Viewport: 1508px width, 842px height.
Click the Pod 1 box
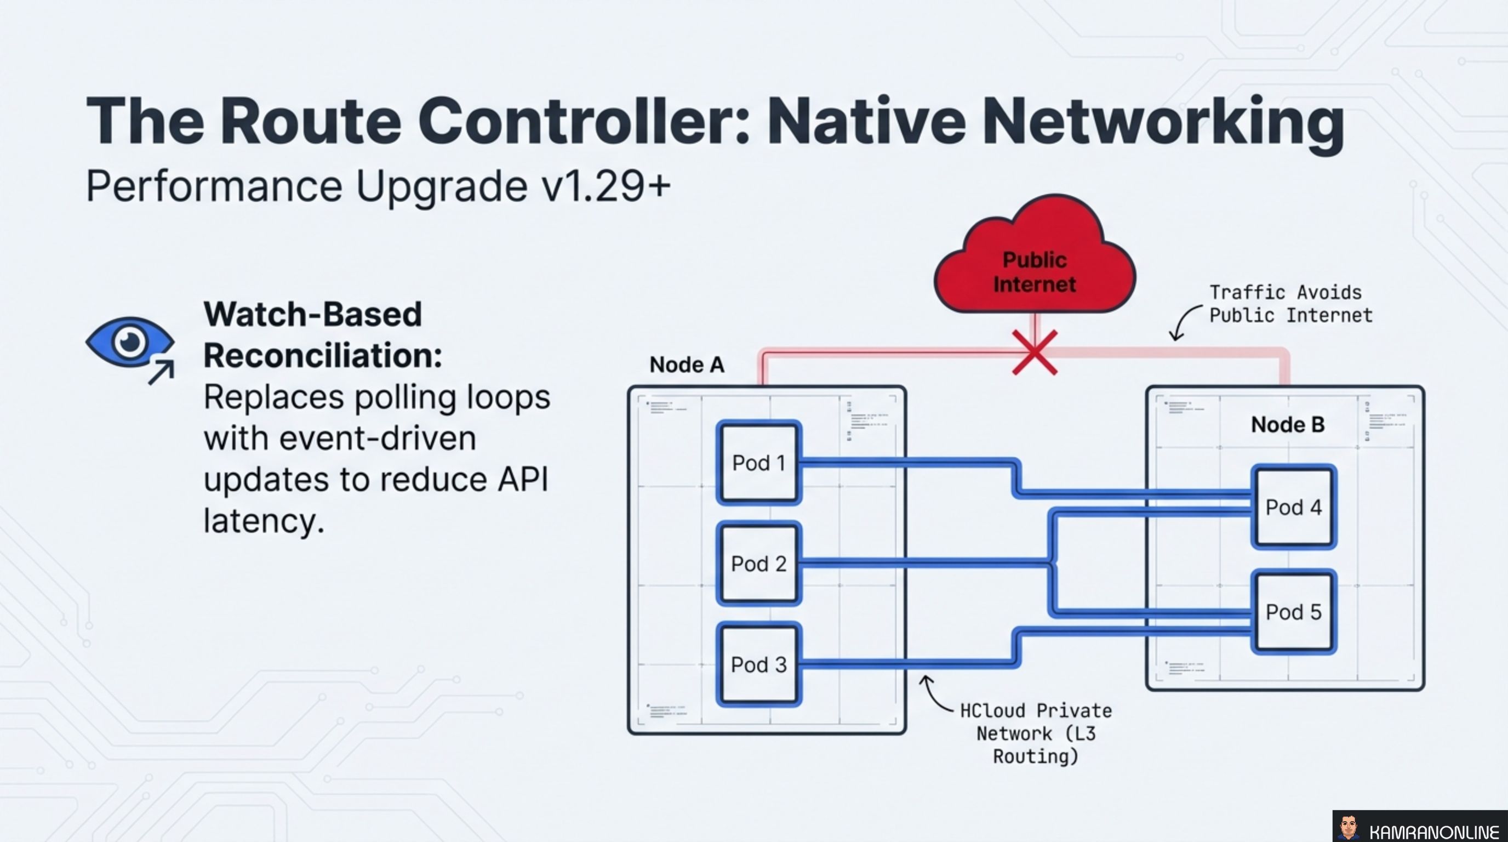tap(759, 463)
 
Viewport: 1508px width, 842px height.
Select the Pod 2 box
tap(759, 564)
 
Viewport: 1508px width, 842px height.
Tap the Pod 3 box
tap(759, 664)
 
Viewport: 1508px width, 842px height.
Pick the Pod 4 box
tap(1294, 507)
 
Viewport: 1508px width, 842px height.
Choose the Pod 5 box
tap(1294, 612)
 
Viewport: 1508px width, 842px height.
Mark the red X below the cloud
tap(1035, 352)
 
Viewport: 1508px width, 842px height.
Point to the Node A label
tap(687, 365)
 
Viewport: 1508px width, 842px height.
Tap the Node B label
tap(1287, 424)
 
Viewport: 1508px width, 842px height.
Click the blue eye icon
tap(129, 342)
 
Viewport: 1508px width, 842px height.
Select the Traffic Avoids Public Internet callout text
tap(1290, 304)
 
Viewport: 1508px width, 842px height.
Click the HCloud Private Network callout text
tap(1036, 733)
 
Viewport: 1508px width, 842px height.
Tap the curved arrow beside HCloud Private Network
tap(935, 695)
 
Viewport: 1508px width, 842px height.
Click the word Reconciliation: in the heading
tap(323, 355)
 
